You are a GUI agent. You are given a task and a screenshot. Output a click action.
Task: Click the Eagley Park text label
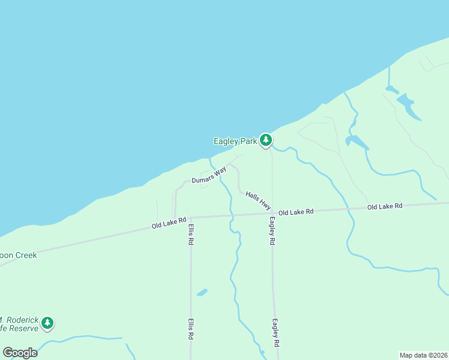click(235, 141)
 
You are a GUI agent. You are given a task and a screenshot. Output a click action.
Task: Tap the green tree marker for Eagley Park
click(266, 140)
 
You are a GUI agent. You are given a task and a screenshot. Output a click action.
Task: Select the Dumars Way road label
click(209, 176)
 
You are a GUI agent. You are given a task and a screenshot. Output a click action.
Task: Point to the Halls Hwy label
click(258, 200)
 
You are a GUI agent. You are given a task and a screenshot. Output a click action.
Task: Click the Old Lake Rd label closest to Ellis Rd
click(169, 223)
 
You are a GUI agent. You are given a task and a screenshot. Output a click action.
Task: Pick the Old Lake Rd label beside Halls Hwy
click(296, 212)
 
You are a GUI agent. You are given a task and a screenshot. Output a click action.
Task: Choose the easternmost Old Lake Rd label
click(385, 206)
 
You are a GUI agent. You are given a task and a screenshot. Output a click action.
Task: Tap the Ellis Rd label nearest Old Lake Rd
click(191, 234)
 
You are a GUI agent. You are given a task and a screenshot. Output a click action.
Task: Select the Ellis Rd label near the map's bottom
click(191, 329)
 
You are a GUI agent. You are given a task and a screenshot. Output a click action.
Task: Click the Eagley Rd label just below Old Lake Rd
click(272, 230)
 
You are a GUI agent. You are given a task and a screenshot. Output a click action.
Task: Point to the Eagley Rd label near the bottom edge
click(276, 332)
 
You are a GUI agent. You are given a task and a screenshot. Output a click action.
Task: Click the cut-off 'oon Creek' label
click(19, 255)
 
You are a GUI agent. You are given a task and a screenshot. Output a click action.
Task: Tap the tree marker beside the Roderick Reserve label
click(47, 323)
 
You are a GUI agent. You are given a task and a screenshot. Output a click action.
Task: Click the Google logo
click(20, 353)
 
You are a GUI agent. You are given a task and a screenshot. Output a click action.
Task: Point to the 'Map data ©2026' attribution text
click(423, 355)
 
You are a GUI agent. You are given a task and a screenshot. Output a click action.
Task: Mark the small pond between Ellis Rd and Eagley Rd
click(202, 292)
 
